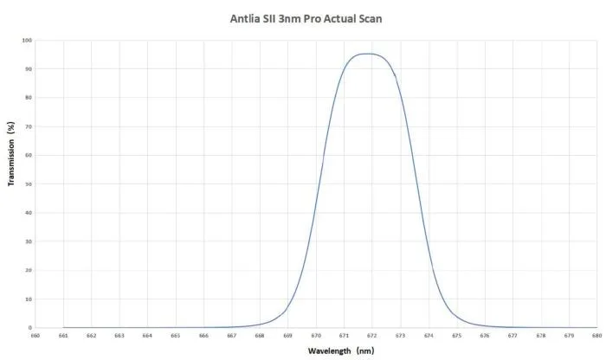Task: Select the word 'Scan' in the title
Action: (367, 18)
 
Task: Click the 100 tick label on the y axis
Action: (27, 40)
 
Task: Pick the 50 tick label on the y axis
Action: (29, 184)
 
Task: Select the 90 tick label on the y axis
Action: (29, 69)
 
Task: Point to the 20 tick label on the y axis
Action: (29, 271)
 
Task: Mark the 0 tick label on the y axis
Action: (30, 328)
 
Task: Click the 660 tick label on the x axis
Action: (35, 336)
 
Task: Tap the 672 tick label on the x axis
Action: (371, 336)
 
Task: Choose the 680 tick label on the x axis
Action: (596, 336)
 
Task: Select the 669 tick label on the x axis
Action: (287, 336)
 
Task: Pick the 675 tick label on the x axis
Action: (455, 336)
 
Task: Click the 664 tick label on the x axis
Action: (147, 336)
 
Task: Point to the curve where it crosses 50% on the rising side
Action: (319, 184)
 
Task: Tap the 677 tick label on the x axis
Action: (512, 336)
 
